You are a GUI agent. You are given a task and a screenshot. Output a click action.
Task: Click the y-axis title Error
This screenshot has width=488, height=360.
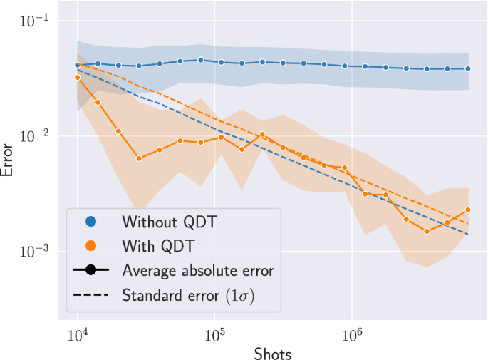pos(9,159)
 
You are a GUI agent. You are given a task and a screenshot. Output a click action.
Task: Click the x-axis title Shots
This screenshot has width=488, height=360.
pos(272,352)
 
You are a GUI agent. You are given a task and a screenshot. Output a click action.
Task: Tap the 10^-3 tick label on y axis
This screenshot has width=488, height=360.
pos(33,250)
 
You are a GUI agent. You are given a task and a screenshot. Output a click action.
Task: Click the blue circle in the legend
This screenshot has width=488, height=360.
pos(90,222)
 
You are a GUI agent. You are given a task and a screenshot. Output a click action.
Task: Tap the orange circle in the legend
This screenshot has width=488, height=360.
pos(90,246)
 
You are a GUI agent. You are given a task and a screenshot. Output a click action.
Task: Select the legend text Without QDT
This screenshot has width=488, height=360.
pos(169,222)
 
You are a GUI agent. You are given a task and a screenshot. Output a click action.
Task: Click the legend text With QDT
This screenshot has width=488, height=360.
pos(158,246)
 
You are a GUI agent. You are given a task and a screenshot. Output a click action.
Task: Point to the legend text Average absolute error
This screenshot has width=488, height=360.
pos(197,270)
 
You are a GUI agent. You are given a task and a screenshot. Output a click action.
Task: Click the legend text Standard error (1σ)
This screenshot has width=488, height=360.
pos(189,294)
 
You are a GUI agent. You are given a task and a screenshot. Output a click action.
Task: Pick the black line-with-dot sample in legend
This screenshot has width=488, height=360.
pos(90,270)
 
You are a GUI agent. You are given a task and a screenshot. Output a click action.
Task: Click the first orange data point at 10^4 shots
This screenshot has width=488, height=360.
pos(78,77)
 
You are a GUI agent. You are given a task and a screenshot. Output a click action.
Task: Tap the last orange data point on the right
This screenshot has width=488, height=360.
pos(468,210)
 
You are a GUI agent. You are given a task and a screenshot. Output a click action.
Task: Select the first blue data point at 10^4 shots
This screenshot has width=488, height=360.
pos(78,65)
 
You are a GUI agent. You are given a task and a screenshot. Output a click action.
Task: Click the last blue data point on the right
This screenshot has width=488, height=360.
pos(468,69)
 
